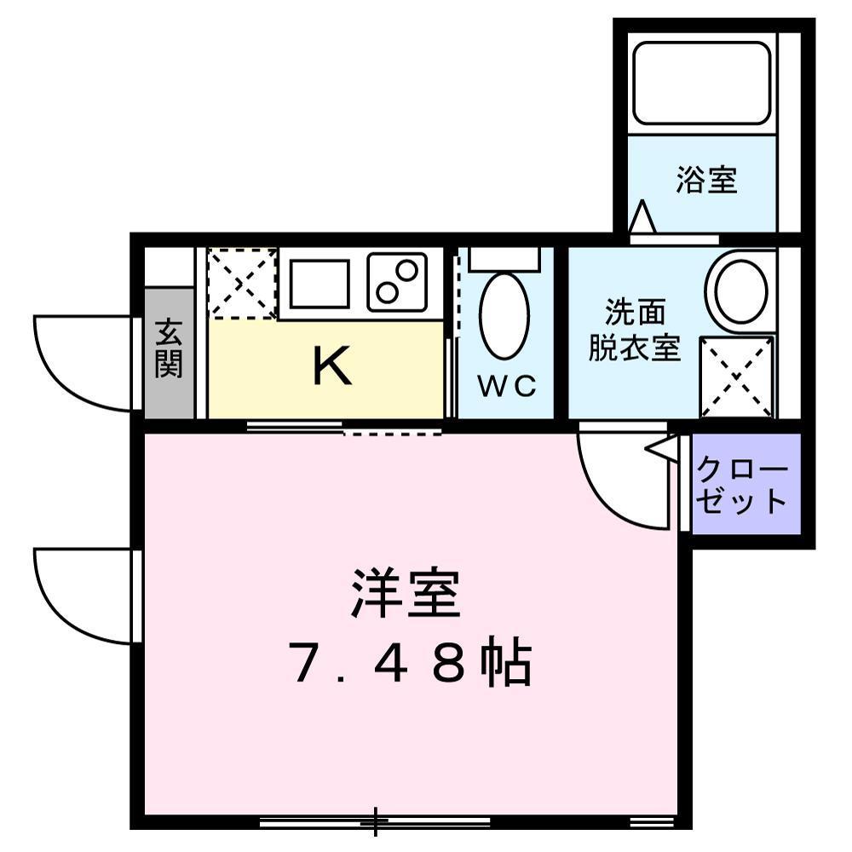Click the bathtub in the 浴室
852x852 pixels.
[x=701, y=83]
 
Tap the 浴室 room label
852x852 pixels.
[x=706, y=180]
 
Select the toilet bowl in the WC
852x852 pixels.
[x=504, y=316]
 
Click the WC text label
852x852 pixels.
[x=507, y=386]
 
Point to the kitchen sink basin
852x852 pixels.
[x=319, y=284]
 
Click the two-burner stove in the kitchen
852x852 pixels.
[x=397, y=283]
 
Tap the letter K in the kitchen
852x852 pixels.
[x=332, y=366]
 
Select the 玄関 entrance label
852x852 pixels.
[x=169, y=348]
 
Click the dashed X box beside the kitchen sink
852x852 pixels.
[x=243, y=283]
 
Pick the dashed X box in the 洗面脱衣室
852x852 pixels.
[x=737, y=377]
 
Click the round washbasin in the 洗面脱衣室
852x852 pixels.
[x=741, y=291]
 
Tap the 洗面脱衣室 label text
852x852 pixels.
[x=635, y=330]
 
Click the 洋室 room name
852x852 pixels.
[x=406, y=593]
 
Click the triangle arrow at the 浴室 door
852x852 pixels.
[x=642, y=216]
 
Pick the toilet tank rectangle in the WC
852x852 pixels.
[x=504, y=259]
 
